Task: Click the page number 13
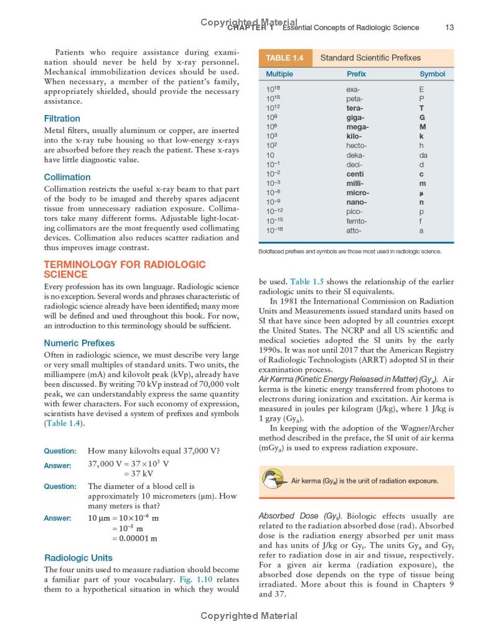[449, 27]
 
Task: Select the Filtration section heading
[62, 118]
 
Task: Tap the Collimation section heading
[67, 177]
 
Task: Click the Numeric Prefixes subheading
[79, 343]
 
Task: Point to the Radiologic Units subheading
[78, 557]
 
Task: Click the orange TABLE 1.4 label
[284, 58]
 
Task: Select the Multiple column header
[279, 74]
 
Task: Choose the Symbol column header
[432, 74]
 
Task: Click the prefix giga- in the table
[355, 117]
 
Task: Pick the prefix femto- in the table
[357, 221]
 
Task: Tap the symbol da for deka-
[423, 155]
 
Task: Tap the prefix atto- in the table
[354, 230]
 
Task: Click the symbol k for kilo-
[421, 136]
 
